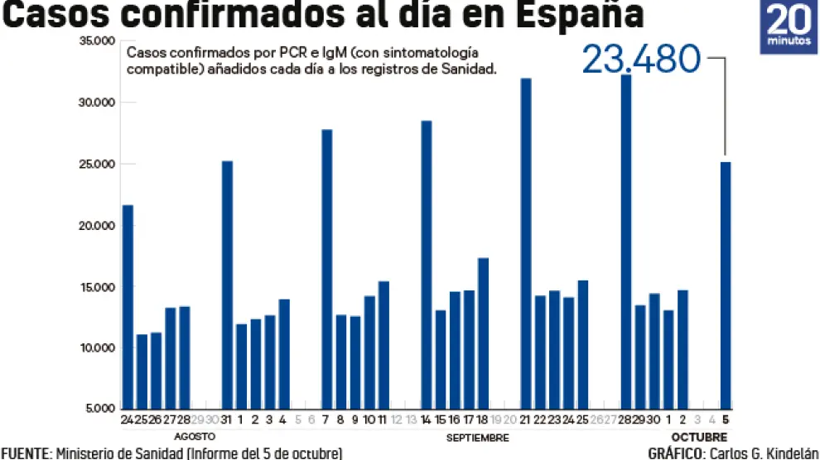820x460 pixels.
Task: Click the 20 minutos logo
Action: (x=789, y=27)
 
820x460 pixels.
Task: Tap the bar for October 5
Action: (x=726, y=285)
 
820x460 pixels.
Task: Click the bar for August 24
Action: (x=128, y=306)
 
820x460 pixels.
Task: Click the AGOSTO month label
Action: (x=195, y=436)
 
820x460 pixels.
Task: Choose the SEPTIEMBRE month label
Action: (x=477, y=436)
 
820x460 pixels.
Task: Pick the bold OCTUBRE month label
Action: (x=699, y=436)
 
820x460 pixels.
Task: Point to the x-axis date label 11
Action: (x=383, y=420)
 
